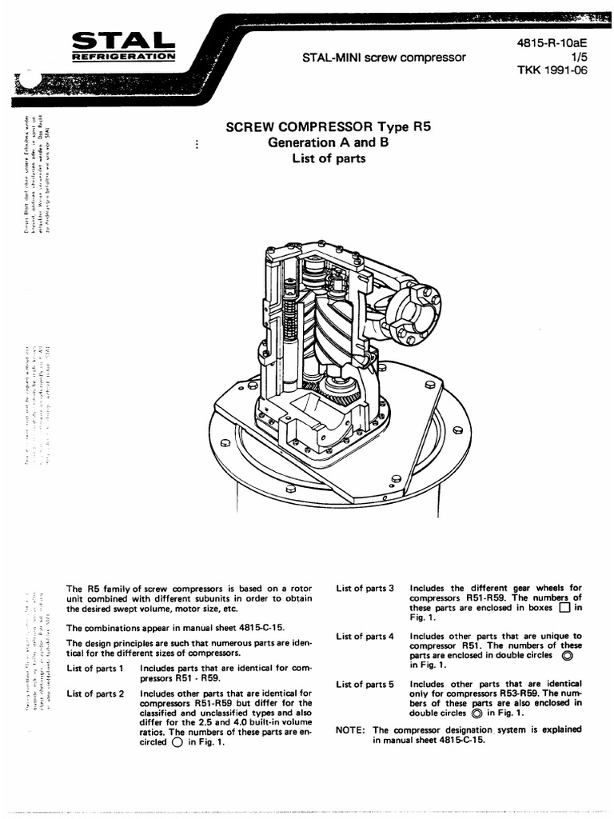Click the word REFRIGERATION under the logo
click(x=124, y=57)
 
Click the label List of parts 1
click(x=94, y=668)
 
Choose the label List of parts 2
click(x=94, y=693)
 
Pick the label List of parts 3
click(x=365, y=589)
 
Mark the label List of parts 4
click(x=365, y=637)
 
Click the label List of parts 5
click(x=365, y=685)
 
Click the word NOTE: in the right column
click(x=351, y=730)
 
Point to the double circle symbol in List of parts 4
click(x=568, y=655)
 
